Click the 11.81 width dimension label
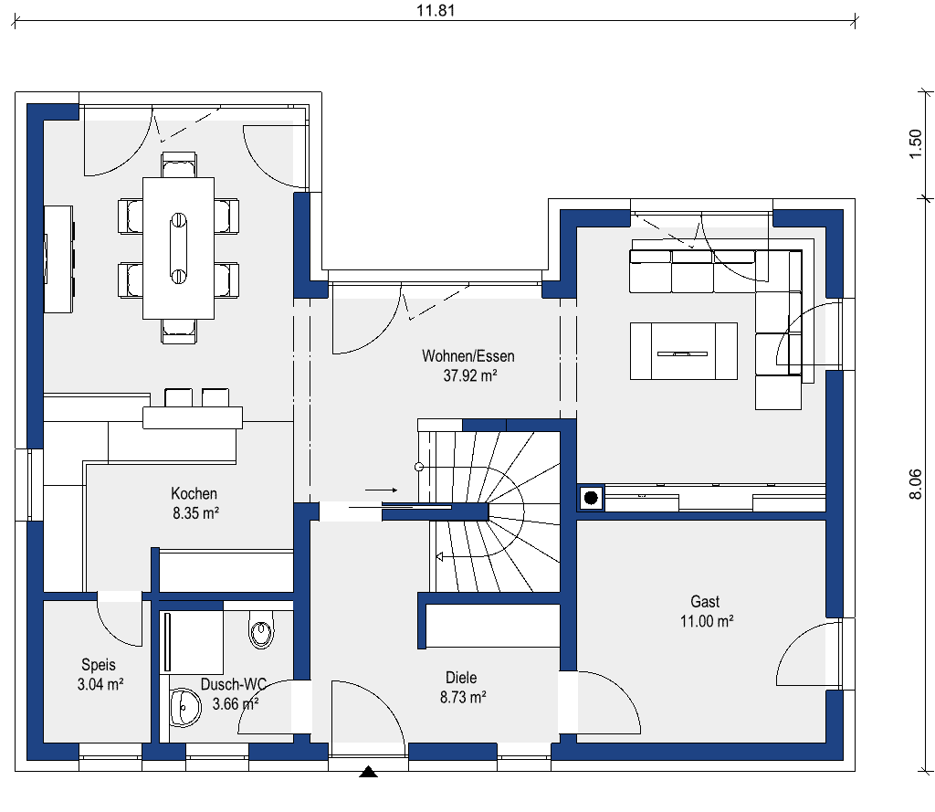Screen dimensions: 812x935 tap(436, 11)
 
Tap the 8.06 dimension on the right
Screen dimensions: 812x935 tap(915, 484)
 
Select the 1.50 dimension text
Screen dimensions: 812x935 tap(915, 143)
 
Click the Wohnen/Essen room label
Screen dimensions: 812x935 tap(467, 356)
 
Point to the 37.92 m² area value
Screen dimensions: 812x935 tap(467, 374)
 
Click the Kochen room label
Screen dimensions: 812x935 tap(194, 494)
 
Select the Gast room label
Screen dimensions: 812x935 tap(705, 602)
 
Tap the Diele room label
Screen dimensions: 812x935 tap(461, 678)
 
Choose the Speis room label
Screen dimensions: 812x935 tap(99, 665)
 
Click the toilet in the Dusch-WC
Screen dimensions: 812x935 tap(261, 632)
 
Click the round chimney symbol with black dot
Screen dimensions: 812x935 tap(591, 498)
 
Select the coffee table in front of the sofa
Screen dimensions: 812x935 tap(683, 351)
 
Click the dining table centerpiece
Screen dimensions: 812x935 tap(178, 247)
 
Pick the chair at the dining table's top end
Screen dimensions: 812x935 tap(178, 165)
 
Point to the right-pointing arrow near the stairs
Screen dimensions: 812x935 tap(381, 490)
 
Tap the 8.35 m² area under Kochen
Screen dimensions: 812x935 tap(194, 513)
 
